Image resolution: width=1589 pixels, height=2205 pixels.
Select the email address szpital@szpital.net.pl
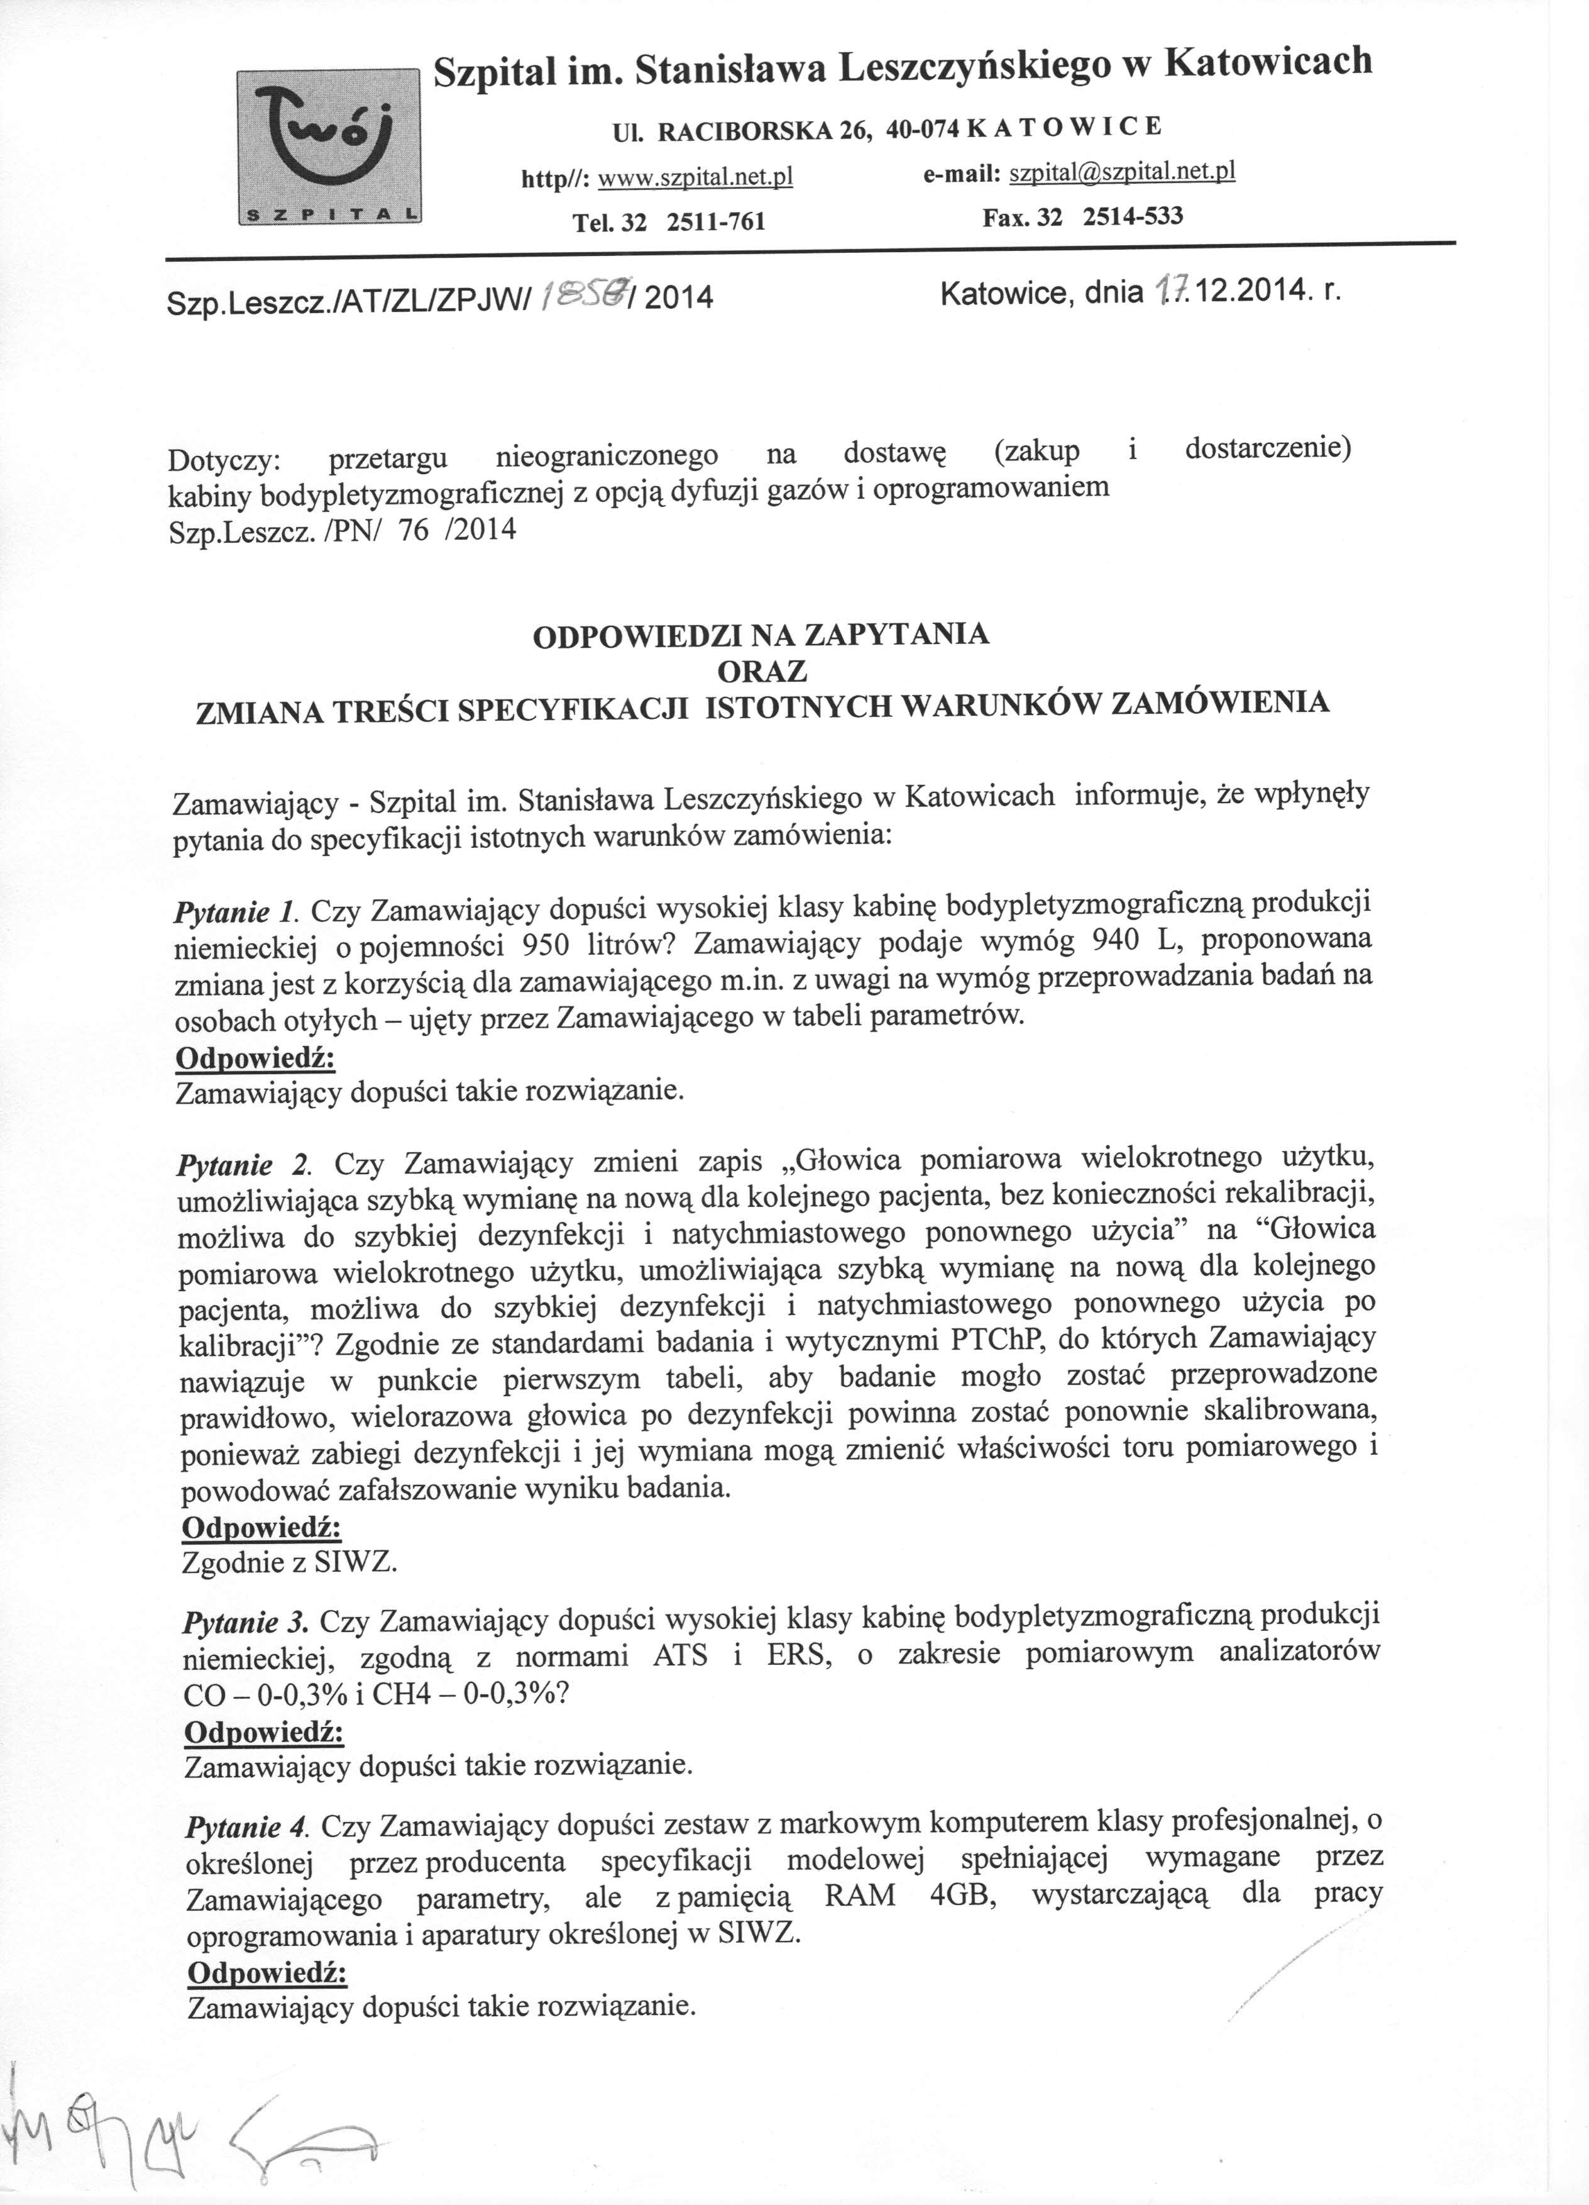1123,173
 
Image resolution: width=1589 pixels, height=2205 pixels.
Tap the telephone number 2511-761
717,223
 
